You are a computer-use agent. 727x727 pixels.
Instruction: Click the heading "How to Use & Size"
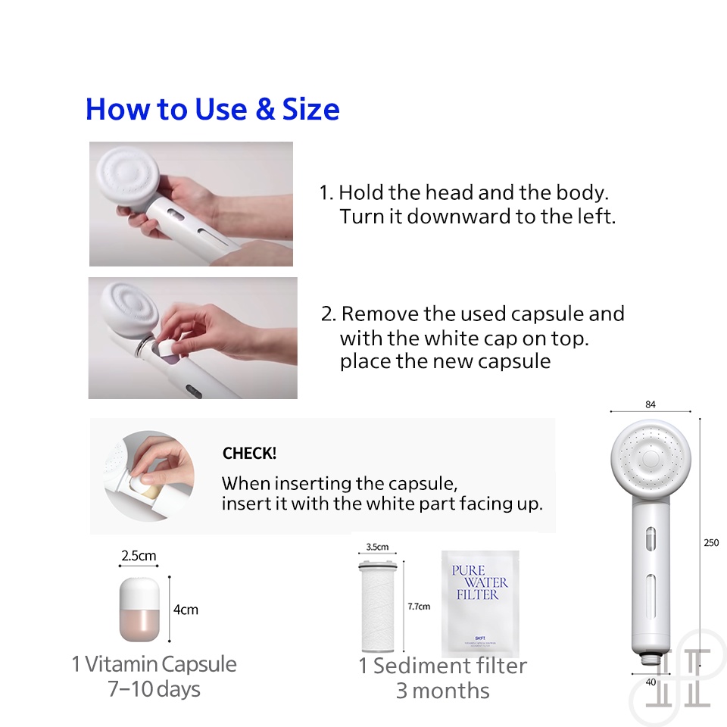coord(212,110)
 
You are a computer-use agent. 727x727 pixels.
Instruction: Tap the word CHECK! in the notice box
coord(249,454)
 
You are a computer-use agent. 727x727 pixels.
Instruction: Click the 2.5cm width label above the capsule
coord(139,556)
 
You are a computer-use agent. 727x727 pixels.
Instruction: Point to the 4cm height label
coord(186,610)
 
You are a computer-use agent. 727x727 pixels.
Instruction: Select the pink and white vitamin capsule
coord(137,610)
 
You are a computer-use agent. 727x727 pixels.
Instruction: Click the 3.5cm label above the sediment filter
coord(376,547)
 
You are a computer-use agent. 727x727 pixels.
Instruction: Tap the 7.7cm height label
coord(419,607)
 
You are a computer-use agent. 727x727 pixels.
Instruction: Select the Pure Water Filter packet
coord(480,604)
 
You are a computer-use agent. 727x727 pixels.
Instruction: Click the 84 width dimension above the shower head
coord(650,405)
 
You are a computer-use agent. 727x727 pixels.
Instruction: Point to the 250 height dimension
coord(710,543)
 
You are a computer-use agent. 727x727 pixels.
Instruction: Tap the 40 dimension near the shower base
coord(650,682)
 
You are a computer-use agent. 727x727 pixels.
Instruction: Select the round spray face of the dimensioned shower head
coord(650,459)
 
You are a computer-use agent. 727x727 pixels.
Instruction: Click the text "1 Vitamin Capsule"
coord(154,665)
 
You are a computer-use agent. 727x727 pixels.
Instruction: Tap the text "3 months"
coord(442,691)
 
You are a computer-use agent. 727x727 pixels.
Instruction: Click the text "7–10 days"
coord(154,690)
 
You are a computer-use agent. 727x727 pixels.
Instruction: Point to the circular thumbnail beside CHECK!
coord(149,476)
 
